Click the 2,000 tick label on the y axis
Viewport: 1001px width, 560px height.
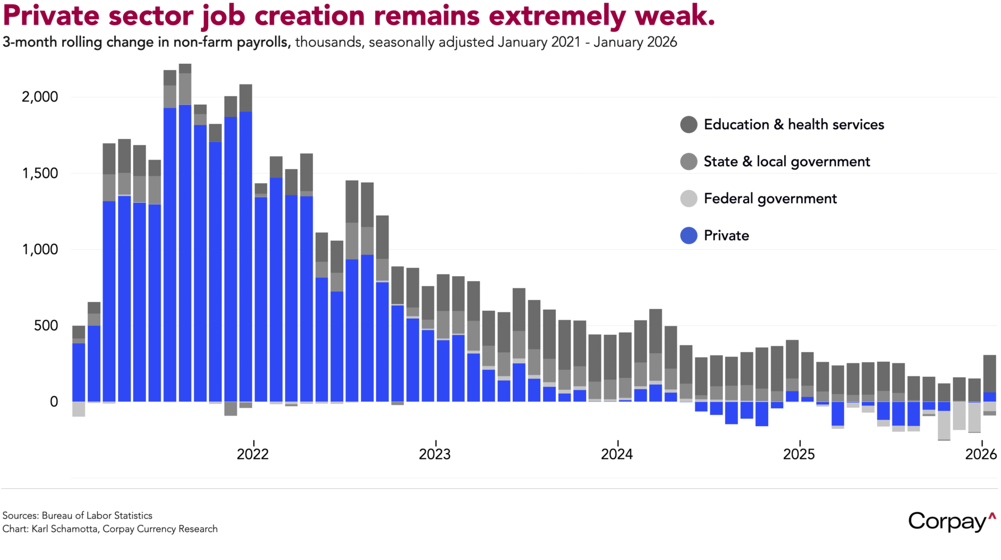[x=40, y=97]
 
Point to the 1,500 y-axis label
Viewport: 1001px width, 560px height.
[x=40, y=173]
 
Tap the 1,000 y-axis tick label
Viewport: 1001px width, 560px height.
[x=40, y=249]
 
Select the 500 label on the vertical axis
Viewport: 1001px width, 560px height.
[x=46, y=325]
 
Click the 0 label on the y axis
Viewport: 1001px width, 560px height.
[x=54, y=402]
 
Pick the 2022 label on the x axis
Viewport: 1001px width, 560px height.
[x=253, y=454]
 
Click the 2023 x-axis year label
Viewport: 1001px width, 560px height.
[x=435, y=454]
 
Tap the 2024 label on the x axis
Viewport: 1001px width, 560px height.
[x=617, y=454]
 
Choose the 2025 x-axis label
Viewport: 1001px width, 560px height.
[x=799, y=454]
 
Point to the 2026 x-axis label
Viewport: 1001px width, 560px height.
[x=981, y=454]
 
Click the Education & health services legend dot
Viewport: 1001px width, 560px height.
[x=689, y=124]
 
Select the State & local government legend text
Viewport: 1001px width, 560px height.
[x=787, y=161]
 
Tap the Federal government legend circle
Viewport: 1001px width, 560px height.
[x=689, y=198]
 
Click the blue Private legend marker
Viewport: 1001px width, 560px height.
[x=689, y=235]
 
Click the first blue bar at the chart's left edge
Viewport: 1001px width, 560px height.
[x=79, y=372]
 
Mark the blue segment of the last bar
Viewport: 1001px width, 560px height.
[x=989, y=396]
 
